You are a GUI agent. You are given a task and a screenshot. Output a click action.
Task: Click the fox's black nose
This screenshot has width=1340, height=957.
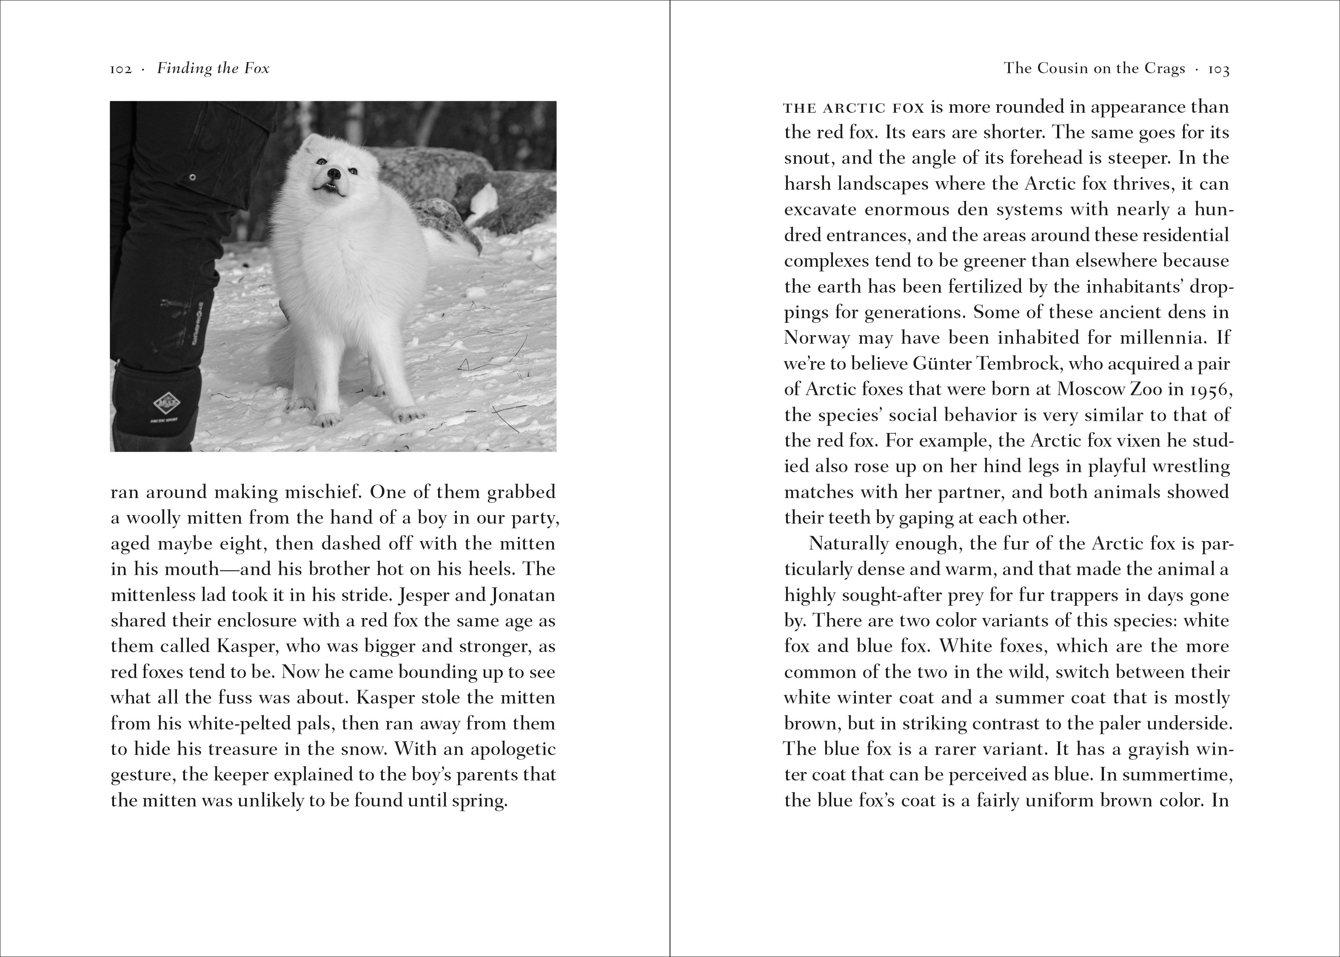pos(334,173)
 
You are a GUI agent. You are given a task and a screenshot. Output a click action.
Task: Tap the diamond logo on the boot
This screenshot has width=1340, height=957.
pos(165,404)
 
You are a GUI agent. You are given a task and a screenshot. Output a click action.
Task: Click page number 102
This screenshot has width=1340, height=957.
pos(120,69)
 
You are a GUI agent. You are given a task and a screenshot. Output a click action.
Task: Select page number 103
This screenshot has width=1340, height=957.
pos(1219,69)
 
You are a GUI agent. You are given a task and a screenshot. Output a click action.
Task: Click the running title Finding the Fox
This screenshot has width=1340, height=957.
pos(213,69)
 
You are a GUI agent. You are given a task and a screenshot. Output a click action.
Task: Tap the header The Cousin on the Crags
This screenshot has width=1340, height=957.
pos(1094,69)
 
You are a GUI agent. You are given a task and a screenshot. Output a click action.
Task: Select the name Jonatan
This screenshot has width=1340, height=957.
pos(523,595)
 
